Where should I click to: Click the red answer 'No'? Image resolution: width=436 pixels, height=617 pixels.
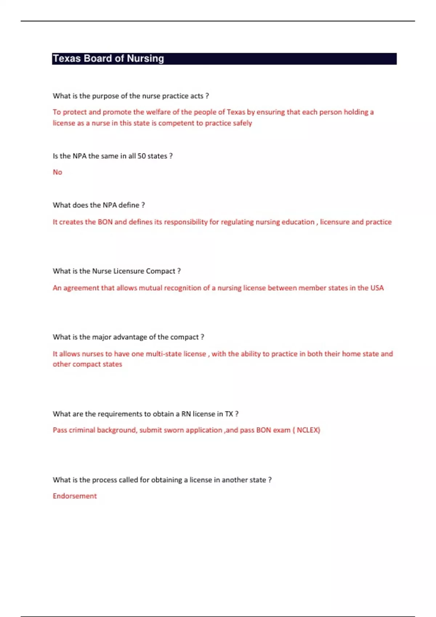tap(57, 172)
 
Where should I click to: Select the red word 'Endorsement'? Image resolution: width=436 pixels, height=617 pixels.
tap(75, 496)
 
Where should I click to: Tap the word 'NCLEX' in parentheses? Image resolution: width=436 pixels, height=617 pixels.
tap(308, 430)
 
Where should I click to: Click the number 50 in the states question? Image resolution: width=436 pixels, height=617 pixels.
tap(141, 156)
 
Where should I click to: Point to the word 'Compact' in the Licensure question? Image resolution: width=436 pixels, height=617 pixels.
tap(161, 271)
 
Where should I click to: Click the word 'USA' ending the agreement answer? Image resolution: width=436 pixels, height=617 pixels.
tap(377, 288)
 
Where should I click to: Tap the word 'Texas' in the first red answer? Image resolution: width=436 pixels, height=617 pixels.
tap(236, 112)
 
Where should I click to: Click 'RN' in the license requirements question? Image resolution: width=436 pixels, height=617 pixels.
tap(186, 414)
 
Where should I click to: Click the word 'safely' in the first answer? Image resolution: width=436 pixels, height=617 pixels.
tap(242, 123)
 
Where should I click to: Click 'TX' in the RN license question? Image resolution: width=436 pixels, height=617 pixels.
tap(229, 414)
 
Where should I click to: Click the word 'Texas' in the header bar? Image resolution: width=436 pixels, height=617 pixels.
tap(66, 59)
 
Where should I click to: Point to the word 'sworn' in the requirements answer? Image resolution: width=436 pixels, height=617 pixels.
tap(174, 430)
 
